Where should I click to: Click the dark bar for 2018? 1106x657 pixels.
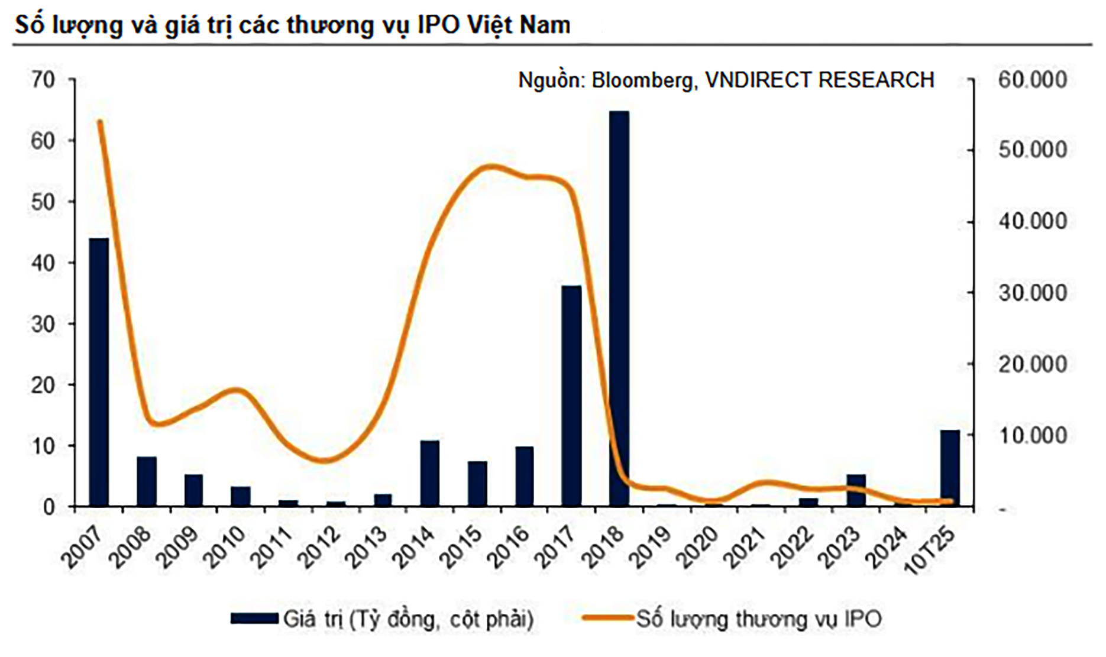pos(619,308)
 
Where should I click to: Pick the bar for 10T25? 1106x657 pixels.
pos(950,467)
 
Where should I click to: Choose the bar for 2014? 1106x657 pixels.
pos(430,472)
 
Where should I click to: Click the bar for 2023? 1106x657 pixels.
pos(856,490)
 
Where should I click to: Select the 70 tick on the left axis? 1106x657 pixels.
pos(43,79)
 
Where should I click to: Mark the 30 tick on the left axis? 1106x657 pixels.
pos(43,324)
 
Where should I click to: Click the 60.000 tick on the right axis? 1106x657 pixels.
pos(1032,79)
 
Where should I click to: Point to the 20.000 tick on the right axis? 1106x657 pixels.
pos(1032,364)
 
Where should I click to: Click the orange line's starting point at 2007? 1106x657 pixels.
pos(100,122)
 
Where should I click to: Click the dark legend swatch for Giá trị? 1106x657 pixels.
pos(254,619)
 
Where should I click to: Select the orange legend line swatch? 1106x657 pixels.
pos(608,619)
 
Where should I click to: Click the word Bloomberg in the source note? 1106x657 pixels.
pos(642,80)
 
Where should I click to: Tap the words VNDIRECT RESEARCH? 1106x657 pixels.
pos(820,80)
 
